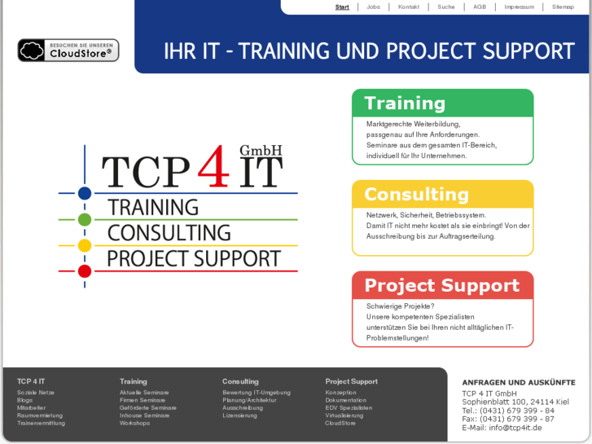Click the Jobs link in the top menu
[x=373, y=7]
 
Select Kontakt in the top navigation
[x=409, y=7]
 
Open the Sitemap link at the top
[x=563, y=7]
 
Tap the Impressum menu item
[x=519, y=7]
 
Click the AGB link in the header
[x=480, y=7]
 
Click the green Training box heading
[x=405, y=103]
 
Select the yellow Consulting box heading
[x=416, y=195]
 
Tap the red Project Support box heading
[x=441, y=286]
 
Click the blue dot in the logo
[x=85, y=194]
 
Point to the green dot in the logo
[x=85, y=219]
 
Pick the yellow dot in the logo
[x=85, y=245]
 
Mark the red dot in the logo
[x=85, y=271]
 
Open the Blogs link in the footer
[x=24, y=400]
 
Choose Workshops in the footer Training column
[x=134, y=423]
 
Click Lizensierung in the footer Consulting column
[x=239, y=415]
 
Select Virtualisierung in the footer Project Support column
[x=344, y=415]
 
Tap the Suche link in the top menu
[x=445, y=7]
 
